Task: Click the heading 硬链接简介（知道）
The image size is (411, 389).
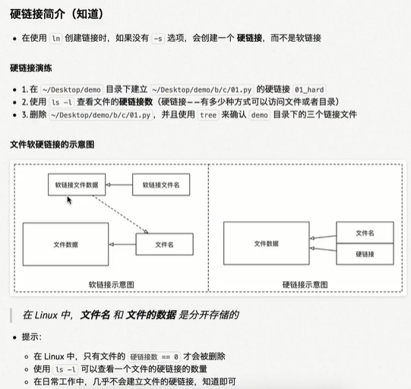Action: tap(57, 14)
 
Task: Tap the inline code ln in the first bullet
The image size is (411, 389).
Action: tap(55, 39)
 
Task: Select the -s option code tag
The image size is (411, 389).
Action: tap(158, 39)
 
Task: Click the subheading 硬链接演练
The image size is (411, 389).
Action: tap(31, 68)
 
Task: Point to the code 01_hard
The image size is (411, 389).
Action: tap(309, 90)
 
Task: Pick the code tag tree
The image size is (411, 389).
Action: tap(208, 115)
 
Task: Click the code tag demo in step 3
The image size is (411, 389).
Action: tap(259, 115)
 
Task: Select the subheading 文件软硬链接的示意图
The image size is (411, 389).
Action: tap(52, 144)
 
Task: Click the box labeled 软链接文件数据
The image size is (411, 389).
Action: tap(77, 185)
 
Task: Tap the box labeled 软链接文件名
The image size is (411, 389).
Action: tap(161, 185)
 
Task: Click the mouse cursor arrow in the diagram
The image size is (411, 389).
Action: tap(69, 201)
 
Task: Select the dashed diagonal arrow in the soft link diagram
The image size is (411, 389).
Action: tap(120, 214)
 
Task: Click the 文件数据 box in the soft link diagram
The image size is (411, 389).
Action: tap(66, 245)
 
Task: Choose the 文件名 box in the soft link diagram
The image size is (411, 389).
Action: tap(165, 245)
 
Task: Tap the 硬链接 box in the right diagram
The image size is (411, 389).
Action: tap(365, 254)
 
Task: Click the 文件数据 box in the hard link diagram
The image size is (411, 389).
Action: tap(267, 243)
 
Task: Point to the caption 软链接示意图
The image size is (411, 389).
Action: tap(112, 285)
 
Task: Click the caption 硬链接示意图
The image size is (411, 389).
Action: tap(305, 285)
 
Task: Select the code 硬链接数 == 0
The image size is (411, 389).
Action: tap(154, 357)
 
